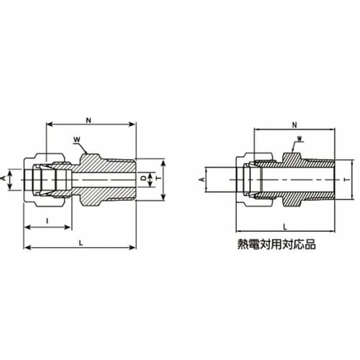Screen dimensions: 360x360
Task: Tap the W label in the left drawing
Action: (76, 140)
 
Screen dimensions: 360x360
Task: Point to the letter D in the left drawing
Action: (143, 176)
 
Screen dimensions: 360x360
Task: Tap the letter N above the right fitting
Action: (295, 124)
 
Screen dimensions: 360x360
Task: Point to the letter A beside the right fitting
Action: (202, 176)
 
